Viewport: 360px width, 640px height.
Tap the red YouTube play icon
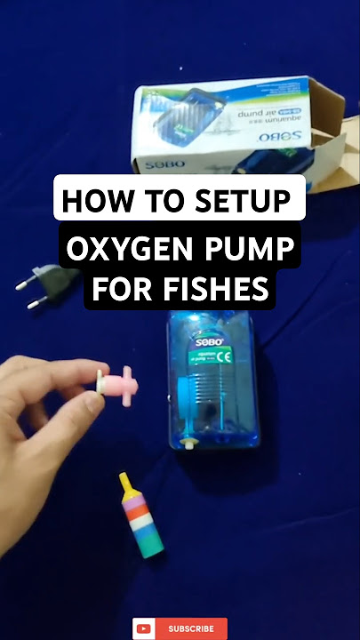coord(144,628)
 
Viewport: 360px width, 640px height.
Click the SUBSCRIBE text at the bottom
coord(191,628)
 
